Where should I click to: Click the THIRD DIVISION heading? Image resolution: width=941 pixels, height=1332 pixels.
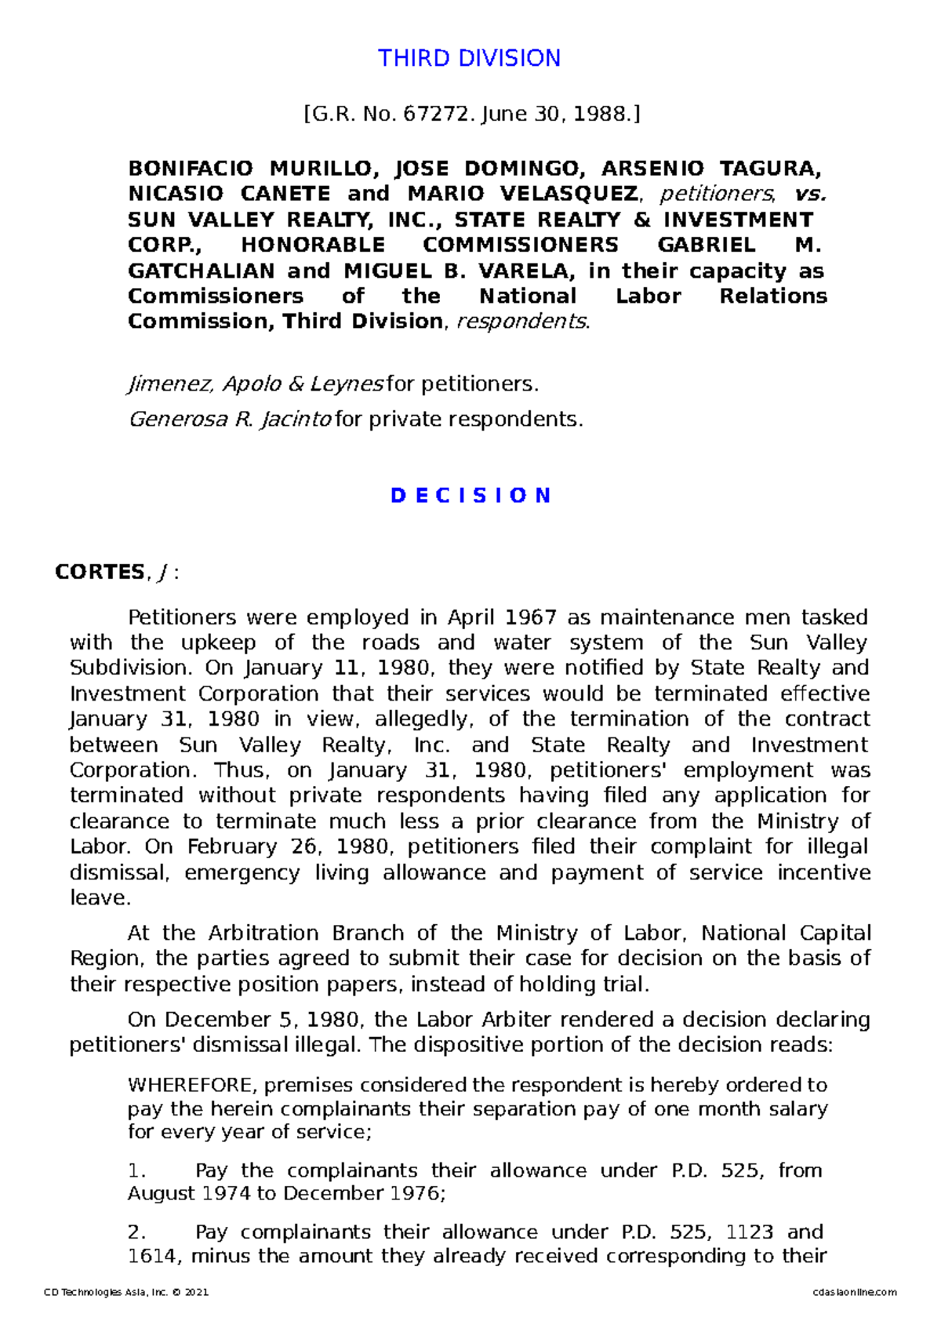(x=469, y=58)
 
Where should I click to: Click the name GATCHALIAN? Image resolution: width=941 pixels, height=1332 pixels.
(x=199, y=271)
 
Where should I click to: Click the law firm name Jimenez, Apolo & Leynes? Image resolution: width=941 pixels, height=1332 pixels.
(x=255, y=384)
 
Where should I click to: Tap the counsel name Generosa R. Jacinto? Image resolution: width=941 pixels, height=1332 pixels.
(x=230, y=420)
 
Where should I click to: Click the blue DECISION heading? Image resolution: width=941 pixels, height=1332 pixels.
(x=470, y=496)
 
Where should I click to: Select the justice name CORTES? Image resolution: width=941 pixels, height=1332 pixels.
(x=100, y=573)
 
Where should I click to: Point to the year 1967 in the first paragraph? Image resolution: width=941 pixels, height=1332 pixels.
(x=529, y=618)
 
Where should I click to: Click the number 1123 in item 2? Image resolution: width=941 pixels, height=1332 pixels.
(x=749, y=1232)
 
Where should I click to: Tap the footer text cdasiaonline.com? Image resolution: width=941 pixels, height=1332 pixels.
(x=855, y=1293)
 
